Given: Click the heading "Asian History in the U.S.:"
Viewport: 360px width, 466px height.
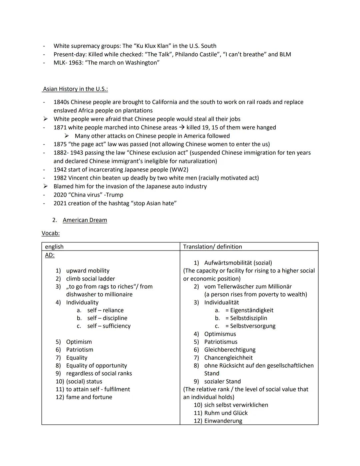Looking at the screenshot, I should coord(75,89).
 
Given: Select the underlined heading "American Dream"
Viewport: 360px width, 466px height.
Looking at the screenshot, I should coord(85,220).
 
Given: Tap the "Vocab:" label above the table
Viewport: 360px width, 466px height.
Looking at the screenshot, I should coord(51,234).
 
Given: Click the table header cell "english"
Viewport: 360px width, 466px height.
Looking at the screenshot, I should coord(54,247).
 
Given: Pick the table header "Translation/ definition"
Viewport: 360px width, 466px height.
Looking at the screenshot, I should coord(212,247).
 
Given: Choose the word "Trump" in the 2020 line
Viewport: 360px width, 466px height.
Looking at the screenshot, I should coord(115,195).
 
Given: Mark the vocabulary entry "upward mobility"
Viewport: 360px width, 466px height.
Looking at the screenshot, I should coord(88,271).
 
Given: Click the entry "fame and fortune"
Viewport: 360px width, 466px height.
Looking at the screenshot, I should coord(89,397).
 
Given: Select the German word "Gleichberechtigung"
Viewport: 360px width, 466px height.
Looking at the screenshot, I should coord(230,350).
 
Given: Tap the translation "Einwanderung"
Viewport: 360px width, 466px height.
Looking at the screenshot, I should coord(223,421).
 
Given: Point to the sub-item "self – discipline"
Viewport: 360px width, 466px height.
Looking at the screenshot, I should coord(107,318).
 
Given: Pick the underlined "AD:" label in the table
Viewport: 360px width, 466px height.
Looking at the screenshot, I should coord(50,255).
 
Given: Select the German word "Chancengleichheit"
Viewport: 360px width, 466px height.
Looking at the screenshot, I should coord(228,358).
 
